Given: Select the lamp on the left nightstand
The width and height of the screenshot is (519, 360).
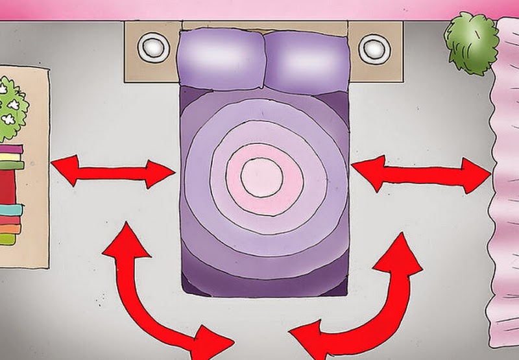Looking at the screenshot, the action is click(154, 47).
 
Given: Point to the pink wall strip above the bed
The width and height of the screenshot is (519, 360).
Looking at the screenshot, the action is click(259, 9).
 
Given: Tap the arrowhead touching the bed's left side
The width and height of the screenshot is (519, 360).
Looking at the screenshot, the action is click(162, 173).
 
